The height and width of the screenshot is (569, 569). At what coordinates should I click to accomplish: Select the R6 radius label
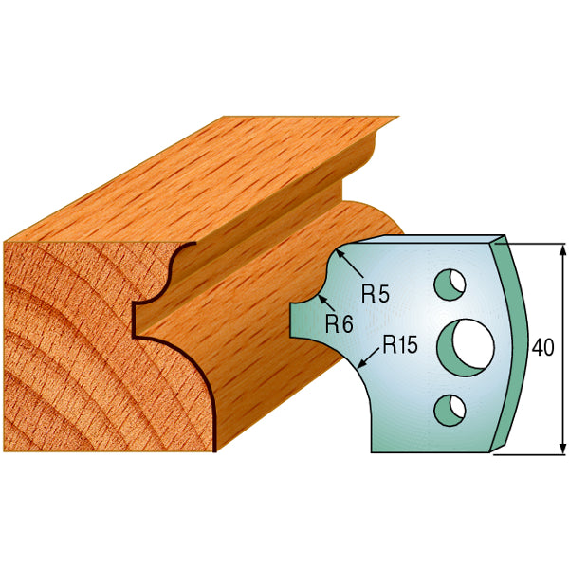(x=339, y=323)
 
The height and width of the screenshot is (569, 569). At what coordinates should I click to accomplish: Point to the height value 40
(x=542, y=347)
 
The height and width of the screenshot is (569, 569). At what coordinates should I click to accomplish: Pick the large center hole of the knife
(x=467, y=344)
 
